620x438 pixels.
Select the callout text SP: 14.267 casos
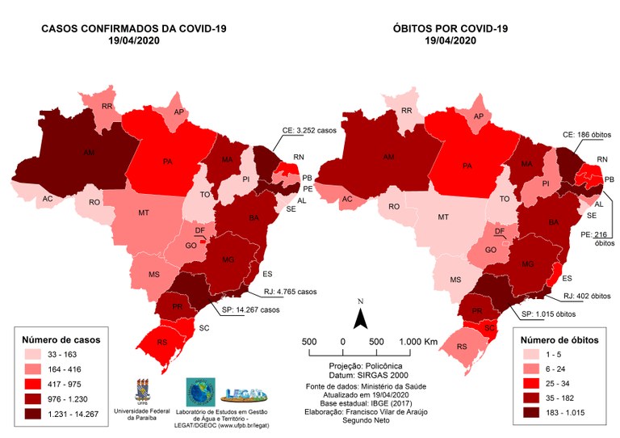[250, 310]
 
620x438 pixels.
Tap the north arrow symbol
[362, 316]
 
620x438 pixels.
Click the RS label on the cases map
[162, 343]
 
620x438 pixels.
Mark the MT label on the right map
[442, 217]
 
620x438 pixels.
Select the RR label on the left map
[107, 106]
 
